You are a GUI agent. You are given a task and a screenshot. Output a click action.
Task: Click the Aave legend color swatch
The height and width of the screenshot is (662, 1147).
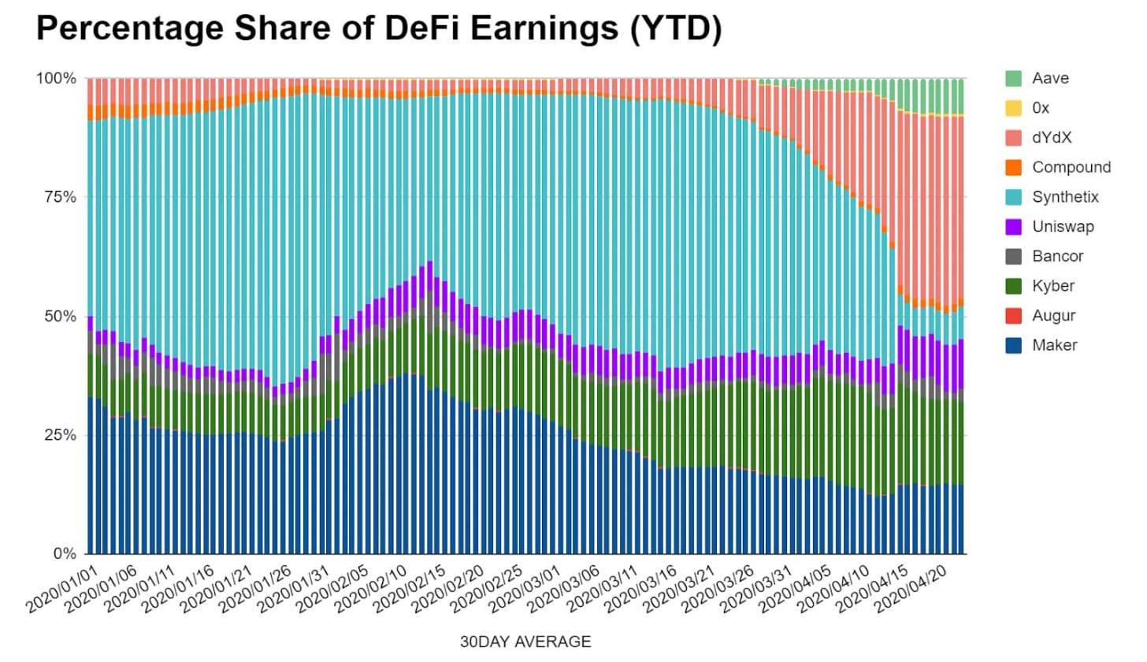1014,78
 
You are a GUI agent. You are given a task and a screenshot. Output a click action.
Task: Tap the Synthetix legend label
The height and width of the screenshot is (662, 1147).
1065,197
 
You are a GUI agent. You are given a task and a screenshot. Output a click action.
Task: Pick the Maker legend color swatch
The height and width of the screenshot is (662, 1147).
1014,344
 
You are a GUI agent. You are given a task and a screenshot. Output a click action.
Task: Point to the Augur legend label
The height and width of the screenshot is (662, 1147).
1053,315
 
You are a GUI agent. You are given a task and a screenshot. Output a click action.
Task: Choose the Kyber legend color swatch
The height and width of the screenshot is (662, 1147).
1014,285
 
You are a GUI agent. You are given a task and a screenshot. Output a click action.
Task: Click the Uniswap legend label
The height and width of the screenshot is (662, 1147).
1063,227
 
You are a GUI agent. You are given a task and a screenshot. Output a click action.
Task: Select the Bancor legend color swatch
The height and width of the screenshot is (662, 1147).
1014,256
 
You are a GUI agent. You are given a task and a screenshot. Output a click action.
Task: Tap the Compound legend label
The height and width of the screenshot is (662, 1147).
1071,167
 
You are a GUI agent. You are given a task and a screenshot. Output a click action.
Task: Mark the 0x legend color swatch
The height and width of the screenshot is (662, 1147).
1014,108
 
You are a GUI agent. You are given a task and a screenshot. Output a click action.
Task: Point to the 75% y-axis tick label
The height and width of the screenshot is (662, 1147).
59,197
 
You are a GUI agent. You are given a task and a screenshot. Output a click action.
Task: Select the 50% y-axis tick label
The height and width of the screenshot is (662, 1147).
59,316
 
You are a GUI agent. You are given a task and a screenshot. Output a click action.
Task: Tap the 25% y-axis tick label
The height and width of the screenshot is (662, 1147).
59,435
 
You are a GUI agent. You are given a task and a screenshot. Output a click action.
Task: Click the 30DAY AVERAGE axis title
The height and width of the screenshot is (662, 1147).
525,642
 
